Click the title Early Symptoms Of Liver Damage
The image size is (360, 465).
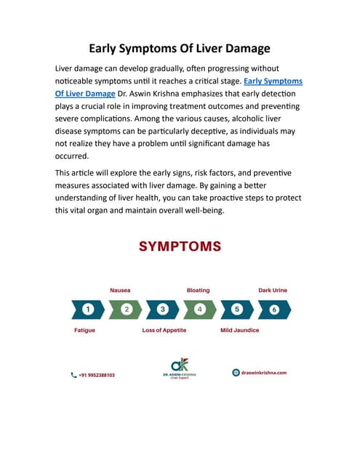click(x=180, y=49)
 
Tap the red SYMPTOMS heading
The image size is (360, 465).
click(x=180, y=247)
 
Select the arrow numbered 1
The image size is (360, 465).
click(x=88, y=310)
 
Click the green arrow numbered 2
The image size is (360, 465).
click(x=126, y=310)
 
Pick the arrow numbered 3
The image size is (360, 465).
click(x=163, y=310)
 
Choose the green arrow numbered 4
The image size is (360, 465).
click(x=199, y=310)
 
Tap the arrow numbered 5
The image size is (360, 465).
click(x=236, y=310)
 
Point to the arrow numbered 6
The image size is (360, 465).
click(x=273, y=310)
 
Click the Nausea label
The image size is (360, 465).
click(x=120, y=290)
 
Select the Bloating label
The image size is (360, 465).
click(x=198, y=290)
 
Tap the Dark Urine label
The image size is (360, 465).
click(x=273, y=290)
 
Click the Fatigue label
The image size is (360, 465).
click(x=84, y=330)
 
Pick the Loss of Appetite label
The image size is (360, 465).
click(x=164, y=330)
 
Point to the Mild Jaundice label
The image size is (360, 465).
click(x=239, y=330)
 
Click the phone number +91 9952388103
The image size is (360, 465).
click(x=97, y=375)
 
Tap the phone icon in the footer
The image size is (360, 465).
click(x=74, y=375)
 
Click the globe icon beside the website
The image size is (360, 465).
click(x=236, y=373)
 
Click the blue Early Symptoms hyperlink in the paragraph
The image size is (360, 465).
click(x=273, y=81)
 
